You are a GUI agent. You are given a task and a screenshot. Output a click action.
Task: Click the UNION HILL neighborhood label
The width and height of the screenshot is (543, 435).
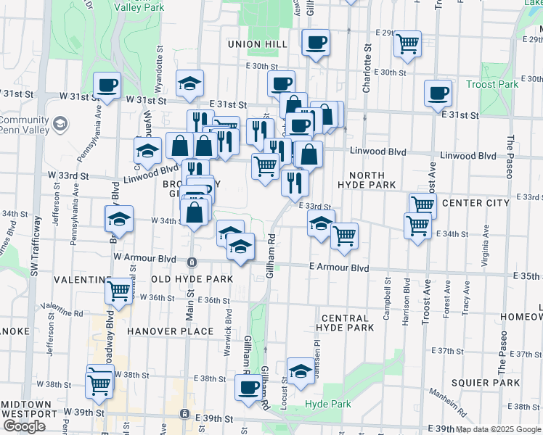tap(259, 44)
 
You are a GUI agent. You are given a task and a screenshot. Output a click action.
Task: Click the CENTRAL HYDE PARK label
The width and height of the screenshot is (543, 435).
tap(347, 323)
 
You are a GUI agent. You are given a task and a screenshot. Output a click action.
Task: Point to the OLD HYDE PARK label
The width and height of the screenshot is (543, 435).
tap(192, 279)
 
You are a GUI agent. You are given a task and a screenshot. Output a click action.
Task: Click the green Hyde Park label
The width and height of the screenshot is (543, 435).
tap(327, 404)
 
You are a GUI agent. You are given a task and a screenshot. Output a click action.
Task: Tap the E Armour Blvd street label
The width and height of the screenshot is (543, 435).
tap(338, 268)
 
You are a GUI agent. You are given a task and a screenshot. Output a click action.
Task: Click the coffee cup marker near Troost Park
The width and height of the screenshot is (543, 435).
tap(438, 94)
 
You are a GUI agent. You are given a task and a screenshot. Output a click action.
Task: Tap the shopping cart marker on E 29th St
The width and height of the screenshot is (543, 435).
tap(407, 43)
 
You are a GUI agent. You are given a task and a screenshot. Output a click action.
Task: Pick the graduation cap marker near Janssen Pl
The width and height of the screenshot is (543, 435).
tap(301, 372)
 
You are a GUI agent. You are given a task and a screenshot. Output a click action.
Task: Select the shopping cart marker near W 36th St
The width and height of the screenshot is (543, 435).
tap(119, 291)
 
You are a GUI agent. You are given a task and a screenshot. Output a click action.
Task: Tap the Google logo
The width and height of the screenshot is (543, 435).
tap(24, 426)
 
